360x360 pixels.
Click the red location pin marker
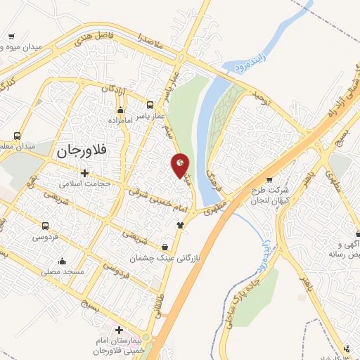coord(181,166)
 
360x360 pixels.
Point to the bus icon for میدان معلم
coord(16,136)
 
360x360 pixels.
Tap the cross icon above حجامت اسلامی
coord(84,173)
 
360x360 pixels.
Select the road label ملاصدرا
coord(150,40)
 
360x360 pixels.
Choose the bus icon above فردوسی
coord(45,226)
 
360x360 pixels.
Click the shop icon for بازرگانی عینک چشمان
coord(165,247)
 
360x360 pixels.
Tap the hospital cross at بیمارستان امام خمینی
coord(119,330)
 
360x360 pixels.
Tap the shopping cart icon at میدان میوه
coord(11,37)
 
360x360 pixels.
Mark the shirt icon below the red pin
coord(181,224)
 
